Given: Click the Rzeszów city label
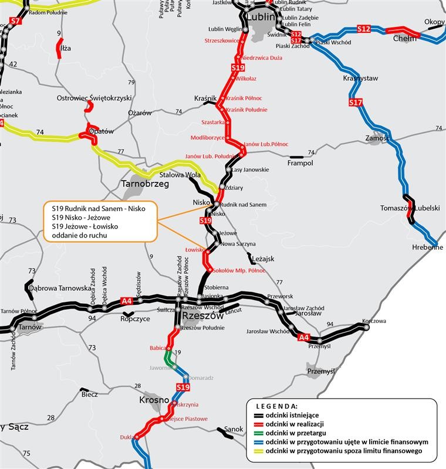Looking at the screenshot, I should tap(202, 316).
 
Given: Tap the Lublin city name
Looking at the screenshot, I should tap(261, 17).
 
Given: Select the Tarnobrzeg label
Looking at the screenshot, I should tap(145, 183).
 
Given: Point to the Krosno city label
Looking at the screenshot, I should tap(154, 400).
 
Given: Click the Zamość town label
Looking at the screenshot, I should tap(377, 138).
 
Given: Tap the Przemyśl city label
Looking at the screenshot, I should tap(320, 371).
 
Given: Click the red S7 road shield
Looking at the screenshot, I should tap(16, 22).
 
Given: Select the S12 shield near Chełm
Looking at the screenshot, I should tap(364, 29).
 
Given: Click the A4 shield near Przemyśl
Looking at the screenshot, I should tap(303, 338).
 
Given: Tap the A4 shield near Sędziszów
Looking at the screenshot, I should tap(126, 301).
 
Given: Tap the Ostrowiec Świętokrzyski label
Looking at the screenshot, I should tap(94, 98).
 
